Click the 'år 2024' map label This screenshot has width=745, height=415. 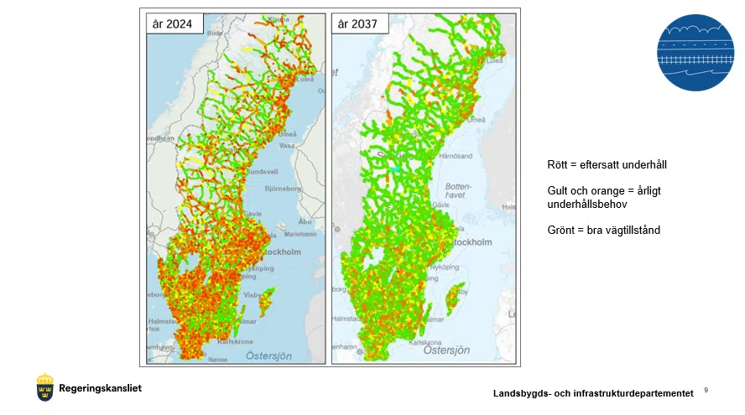(x=173, y=24)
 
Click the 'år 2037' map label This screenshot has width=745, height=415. (x=357, y=24)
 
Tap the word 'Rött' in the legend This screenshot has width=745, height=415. (x=557, y=166)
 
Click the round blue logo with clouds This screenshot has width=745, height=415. (x=696, y=52)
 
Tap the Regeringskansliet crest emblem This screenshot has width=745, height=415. (x=45, y=387)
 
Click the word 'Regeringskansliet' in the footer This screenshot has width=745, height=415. (x=100, y=388)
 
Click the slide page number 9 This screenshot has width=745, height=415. (x=706, y=391)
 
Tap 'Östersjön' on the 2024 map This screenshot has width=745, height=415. (x=268, y=355)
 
